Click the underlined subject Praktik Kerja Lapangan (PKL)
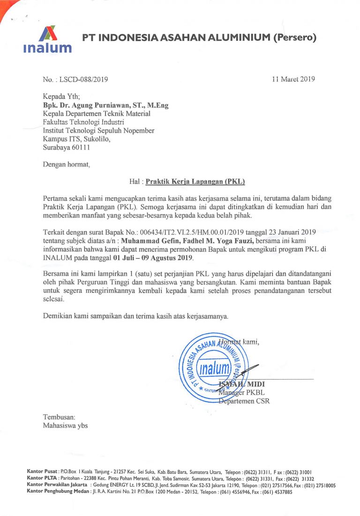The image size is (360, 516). (195, 181)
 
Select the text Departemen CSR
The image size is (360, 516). (244, 401)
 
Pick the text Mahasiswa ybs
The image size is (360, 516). (65, 426)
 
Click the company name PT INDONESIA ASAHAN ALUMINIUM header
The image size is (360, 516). (199, 37)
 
